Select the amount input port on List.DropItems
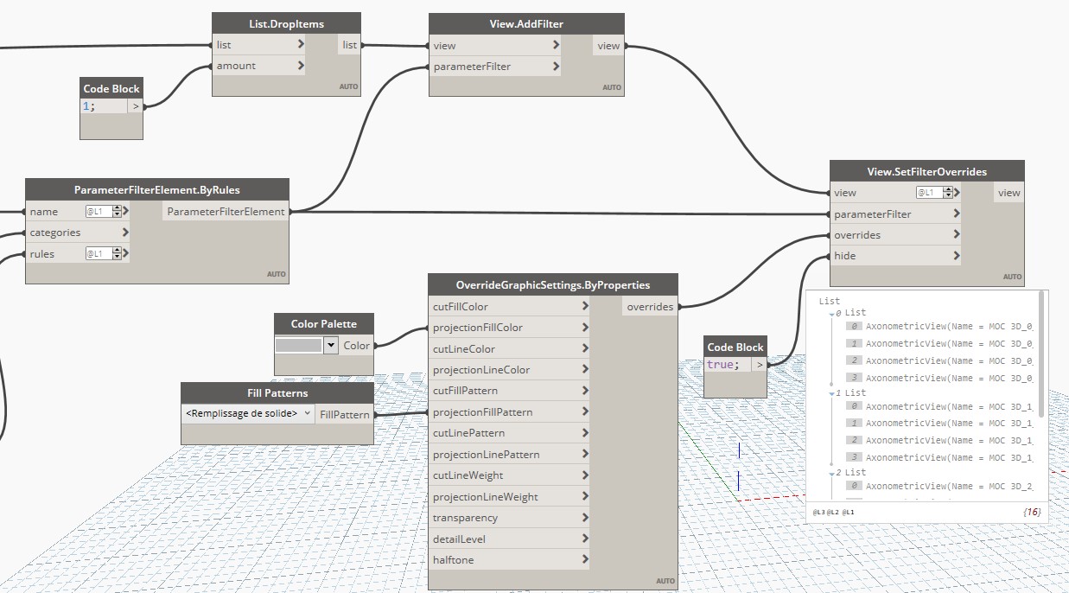(x=236, y=66)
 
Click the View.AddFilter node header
(x=526, y=24)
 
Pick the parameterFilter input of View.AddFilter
(x=472, y=67)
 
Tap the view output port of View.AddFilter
(x=608, y=46)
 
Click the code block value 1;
(x=90, y=106)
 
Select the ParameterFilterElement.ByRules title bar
(x=156, y=190)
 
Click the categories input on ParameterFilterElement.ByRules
(x=55, y=233)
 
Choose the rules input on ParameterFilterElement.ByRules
(x=42, y=254)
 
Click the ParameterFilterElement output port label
(x=225, y=212)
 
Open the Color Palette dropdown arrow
(x=330, y=345)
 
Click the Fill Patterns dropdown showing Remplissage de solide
(x=247, y=414)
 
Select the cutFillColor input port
(x=461, y=307)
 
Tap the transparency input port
(x=465, y=518)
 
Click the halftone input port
(x=454, y=560)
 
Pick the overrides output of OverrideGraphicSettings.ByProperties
(x=650, y=307)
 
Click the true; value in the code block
(x=722, y=365)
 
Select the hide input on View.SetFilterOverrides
(x=844, y=256)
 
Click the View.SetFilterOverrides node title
(x=926, y=171)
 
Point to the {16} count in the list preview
(x=1031, y=513)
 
